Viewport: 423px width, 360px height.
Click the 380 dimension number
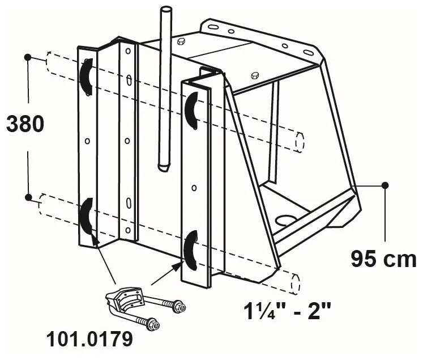click(25, 124)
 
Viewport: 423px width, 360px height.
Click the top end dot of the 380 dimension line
click(28, 57)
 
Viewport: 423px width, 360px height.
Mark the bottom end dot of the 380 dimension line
click(28, 197)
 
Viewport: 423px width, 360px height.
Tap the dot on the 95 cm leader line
click(385, 185)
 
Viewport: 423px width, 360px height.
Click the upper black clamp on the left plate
click(86, 77)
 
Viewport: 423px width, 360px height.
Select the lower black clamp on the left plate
click(87, 216)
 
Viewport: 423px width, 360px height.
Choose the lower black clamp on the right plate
click(191, 249)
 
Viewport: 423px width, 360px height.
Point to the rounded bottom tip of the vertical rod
click(164, 167)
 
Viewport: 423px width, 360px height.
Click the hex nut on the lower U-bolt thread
click(152, 324)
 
